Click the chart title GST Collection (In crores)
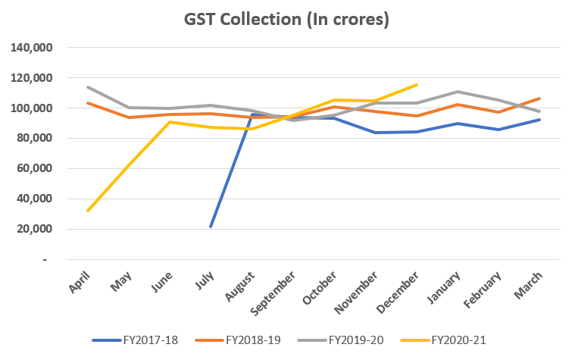click(x=287, y=19)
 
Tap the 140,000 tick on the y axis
click(x=31, y=48)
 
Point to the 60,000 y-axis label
click(x=34, y=168)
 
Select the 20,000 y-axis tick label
click(x=34, y=229)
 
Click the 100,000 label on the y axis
click(x=31, y=108)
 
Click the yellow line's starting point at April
click(x=88, y=211)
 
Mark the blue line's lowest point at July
click(x=211, y=227)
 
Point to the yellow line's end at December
click(x=417, y=85)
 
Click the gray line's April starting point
click(x=88, y=87)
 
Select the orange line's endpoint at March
click(x=539, y=99)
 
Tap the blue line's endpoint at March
click(x=539, y=120)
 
